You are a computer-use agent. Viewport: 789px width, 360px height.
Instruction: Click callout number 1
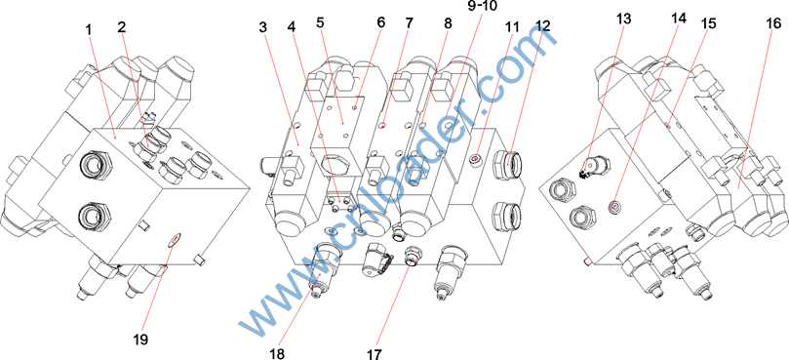(89, 29)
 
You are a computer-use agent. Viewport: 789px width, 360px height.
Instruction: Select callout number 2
(121, 27)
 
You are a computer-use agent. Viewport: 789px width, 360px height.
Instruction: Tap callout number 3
(264, 27)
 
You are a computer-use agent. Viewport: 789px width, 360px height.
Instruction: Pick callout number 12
(544, 26)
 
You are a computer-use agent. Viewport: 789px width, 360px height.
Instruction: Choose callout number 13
(623, 18)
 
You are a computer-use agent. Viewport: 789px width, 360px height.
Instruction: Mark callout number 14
(678, 19)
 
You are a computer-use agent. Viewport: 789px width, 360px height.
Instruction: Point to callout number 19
(140, 340)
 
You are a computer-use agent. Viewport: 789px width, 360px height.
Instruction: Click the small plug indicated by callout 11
(475, 160)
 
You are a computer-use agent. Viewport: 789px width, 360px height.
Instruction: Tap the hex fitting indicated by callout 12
(508, 162)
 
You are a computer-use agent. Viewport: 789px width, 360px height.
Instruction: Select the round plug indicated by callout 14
(612, 207)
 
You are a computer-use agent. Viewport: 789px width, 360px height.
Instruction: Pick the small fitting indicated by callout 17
(413, 257)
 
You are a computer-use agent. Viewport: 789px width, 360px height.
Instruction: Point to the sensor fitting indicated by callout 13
(596, 166)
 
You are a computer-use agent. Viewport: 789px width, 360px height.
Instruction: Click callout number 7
(408, 23)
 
